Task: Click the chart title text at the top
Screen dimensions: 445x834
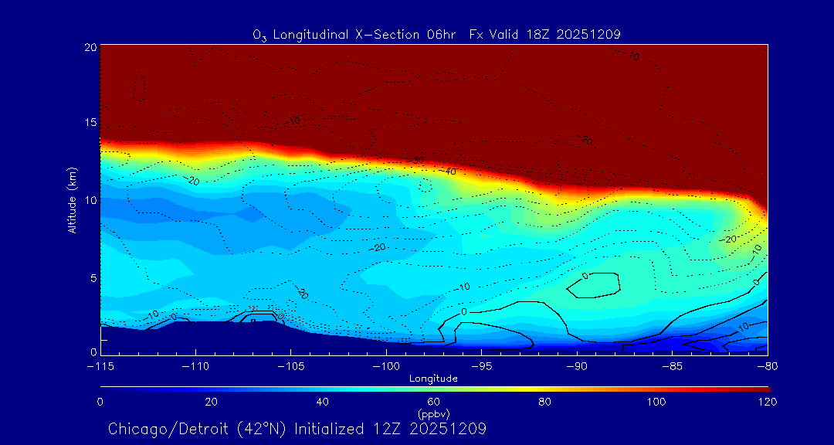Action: click(436, 34)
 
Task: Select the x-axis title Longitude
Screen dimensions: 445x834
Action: click(433, 379)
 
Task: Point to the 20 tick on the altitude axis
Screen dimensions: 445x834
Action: click(90, 47)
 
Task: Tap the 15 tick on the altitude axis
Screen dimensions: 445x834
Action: click(90, 123)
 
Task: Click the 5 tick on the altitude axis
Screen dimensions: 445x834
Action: click(93, 277)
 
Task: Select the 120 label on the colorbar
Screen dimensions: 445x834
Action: click(768, 402)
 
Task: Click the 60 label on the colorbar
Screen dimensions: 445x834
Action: click(434, 402)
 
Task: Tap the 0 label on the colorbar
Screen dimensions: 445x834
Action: click(100, 402)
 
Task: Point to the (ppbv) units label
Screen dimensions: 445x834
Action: click(433, 413)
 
